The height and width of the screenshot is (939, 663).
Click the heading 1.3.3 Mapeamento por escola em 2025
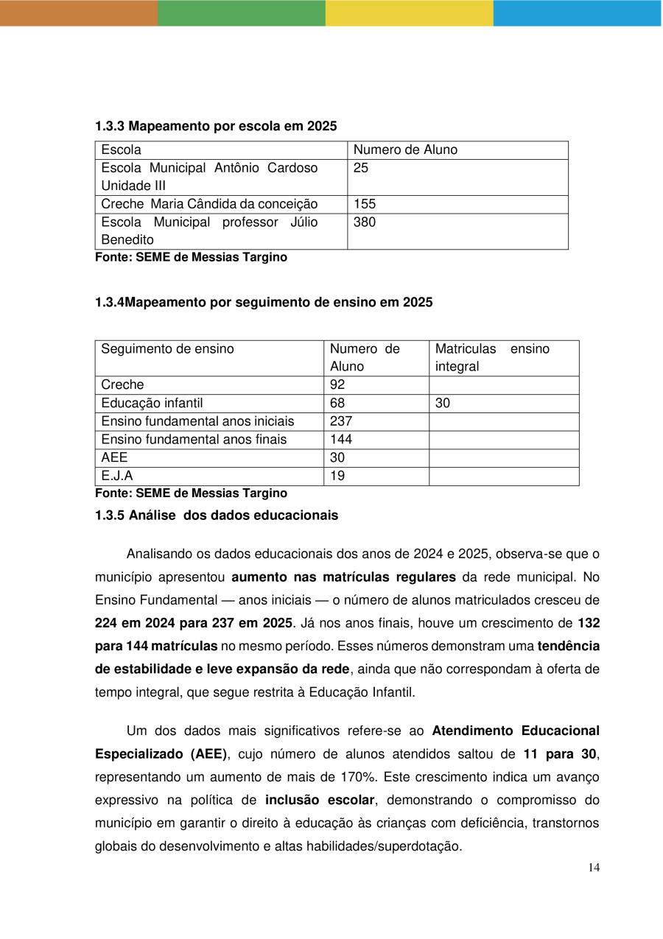click(216, 126)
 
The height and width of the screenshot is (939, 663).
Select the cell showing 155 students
click(365, 204)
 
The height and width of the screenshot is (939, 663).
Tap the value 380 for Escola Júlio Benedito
click(365, 222)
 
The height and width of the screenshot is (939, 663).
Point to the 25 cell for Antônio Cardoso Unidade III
click(361, 168)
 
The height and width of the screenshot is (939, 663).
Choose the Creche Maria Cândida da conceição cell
click(209, 204)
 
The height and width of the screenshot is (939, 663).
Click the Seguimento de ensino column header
click(167, 349)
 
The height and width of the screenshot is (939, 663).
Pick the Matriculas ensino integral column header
click(492, 357)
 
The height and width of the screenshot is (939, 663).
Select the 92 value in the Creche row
click(337, 384)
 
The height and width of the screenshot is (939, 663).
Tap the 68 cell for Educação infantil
click(337, 403)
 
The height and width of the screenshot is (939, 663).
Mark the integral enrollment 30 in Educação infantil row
click(443, 403)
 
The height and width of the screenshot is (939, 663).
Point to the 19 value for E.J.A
click(337, 476)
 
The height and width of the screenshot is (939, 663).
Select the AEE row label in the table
click(114, 457)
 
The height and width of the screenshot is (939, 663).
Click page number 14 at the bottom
click(594, 868)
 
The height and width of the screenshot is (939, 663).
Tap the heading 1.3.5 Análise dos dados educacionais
click(217, 516)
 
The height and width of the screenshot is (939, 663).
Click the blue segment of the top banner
click(577, 13)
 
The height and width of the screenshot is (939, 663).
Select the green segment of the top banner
click(241, 13)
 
